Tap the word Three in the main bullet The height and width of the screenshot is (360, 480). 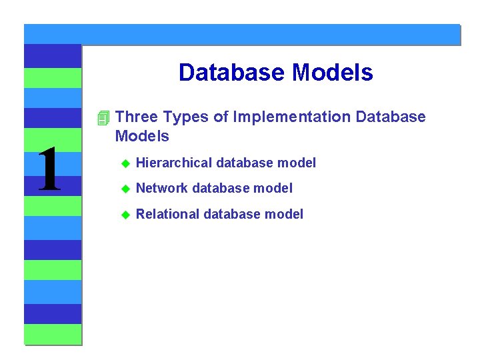point(137,117)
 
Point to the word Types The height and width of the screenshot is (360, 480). point(186,117)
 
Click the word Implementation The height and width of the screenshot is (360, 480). point(292,117)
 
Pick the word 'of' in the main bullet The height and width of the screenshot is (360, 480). point(221,117)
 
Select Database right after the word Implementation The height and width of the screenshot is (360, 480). point(391,117)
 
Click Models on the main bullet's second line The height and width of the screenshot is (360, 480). point(142,137)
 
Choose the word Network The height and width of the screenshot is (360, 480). point(162,189)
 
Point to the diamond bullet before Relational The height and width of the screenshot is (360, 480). point(123,215)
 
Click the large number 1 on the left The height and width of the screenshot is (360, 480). point(49,170)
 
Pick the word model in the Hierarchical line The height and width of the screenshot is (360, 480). point(297,163)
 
